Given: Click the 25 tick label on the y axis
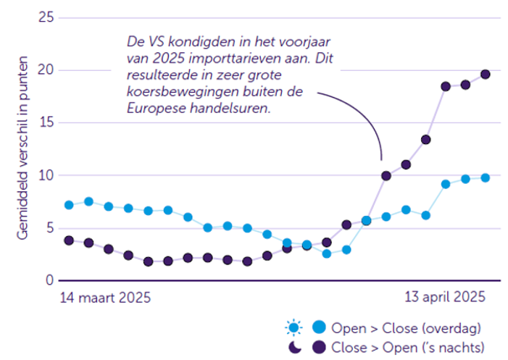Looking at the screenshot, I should coord(45,17).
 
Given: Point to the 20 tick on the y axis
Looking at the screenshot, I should coord(45,70).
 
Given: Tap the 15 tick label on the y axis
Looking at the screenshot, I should coord(45,122).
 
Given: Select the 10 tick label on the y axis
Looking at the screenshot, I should coord(45,175).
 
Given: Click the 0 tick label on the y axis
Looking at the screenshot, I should coord(49,280).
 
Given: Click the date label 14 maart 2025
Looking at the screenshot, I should coord(100,297).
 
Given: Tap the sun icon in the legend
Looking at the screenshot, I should coord(293,328).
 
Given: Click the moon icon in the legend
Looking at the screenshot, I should coord(293,347).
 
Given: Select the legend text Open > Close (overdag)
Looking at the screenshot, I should coord(406,328).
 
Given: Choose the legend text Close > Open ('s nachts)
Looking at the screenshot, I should coord(407,347).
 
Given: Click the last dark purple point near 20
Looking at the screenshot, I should coord(486,74).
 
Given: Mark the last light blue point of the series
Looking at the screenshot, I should coord(486,177).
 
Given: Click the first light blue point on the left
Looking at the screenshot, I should coord(69,205).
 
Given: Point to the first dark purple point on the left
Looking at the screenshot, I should coord(69,240).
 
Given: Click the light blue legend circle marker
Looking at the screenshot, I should coord(317,328).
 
